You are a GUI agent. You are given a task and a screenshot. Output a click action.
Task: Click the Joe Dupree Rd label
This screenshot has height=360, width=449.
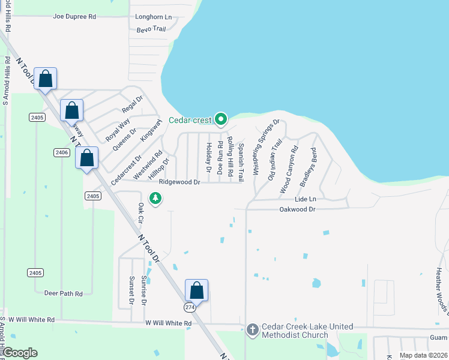[74, 17]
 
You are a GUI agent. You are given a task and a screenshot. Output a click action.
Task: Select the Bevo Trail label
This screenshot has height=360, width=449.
[151, 28]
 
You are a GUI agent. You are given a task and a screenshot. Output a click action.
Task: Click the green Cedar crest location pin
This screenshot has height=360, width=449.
[220, 119]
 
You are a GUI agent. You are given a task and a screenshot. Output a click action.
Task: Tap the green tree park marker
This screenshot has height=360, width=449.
[155, 198]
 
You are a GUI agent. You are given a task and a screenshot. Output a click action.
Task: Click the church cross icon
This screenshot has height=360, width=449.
[253, 329]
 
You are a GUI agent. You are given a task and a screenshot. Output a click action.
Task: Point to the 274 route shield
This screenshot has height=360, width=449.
[190, 307]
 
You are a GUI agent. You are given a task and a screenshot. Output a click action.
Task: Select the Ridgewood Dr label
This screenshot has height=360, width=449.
[179, 182]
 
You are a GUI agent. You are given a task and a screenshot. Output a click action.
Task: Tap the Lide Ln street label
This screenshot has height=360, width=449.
[305, 199]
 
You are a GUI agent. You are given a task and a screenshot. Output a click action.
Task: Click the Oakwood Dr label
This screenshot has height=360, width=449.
[297, 209]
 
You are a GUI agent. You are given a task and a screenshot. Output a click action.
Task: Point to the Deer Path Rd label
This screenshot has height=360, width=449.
[64, 293]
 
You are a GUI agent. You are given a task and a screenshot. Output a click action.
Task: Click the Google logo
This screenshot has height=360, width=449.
[20, 353]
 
